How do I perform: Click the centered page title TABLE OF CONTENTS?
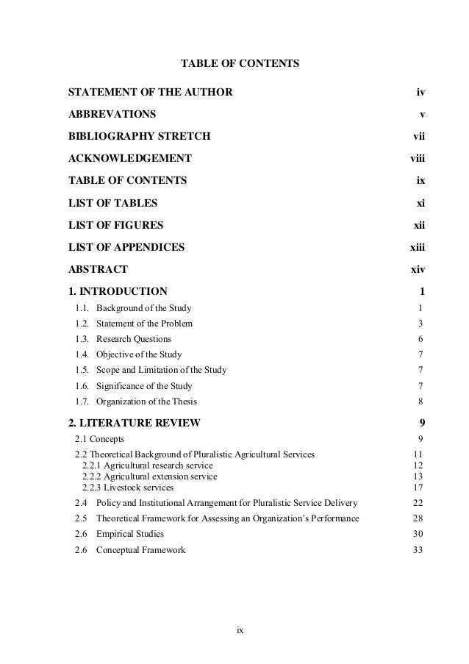pyautogui.click(x=240, y=65)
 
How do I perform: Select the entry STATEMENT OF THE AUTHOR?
pyautogui.click(x=150, y=93)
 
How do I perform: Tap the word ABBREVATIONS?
pyautogui.click(x=112, y=115)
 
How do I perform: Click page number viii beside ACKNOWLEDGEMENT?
pyautogui.click(x=418, y=158)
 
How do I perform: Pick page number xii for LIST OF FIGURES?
pyautogui.click(x=419, y=224)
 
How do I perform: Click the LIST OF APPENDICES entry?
pyautogui.click(x=126, y=246)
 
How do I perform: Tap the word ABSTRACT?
pyautogui.click(x=98, y=268)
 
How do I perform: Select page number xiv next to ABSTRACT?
pyautogui.click(x=418, y=268)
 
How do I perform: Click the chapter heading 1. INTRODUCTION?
pyautogui.click(x=118, y=290)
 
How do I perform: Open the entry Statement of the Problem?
pyautogui.click(x=145, y=324)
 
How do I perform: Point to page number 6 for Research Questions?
pyautogui.click(x=420, y=339)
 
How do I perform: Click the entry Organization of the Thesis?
pyautogui.click(x=146, y=401)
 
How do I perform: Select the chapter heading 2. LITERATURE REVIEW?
pyautogui.click(x=133, y=422)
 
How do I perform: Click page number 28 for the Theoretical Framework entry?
pyautogui.click(x=418, y=518)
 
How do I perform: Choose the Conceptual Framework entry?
pyautogui.click(x=140, y=550)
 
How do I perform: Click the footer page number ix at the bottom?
pyautogui.click(x=240, y=630)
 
